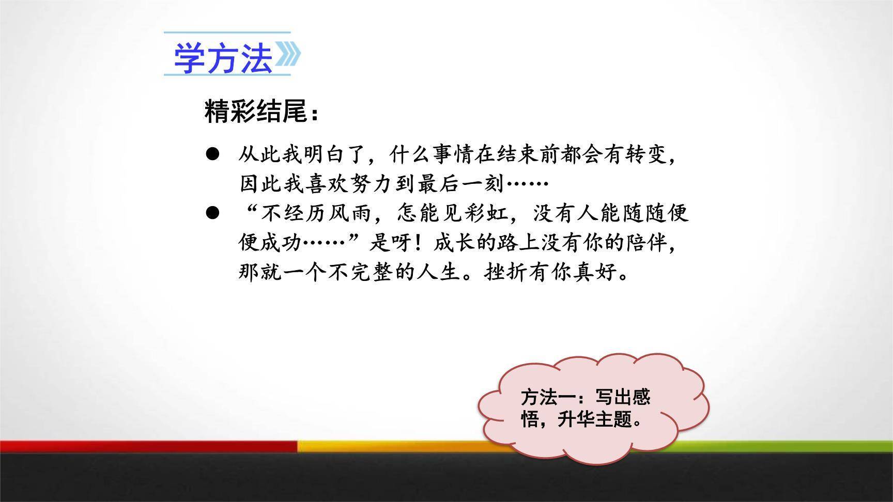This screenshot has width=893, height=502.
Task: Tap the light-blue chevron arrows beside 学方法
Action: click(287, 55)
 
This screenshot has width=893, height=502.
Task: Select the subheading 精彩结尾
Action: click(257, 112)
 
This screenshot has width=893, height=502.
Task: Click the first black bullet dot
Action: click(212, 154)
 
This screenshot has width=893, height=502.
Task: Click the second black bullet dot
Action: click(212, 213)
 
